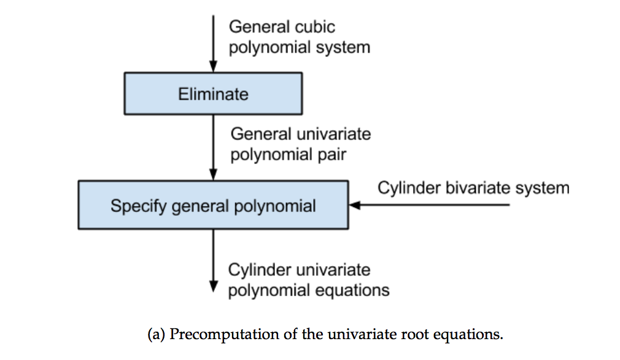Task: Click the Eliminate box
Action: (213, 94)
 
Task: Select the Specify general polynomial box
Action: (213, 205)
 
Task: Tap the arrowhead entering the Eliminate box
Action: (213, 67)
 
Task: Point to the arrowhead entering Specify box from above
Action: (213, 175)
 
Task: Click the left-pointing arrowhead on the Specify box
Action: (355, 205)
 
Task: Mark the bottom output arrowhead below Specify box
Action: (213, 286)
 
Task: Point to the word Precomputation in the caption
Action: (224, 335)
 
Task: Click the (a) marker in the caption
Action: (156, 335)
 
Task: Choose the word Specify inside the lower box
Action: (138, 206)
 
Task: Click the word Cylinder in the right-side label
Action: (409, 187)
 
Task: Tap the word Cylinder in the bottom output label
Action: (260, 270)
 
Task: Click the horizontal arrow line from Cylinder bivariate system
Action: (430, 205)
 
